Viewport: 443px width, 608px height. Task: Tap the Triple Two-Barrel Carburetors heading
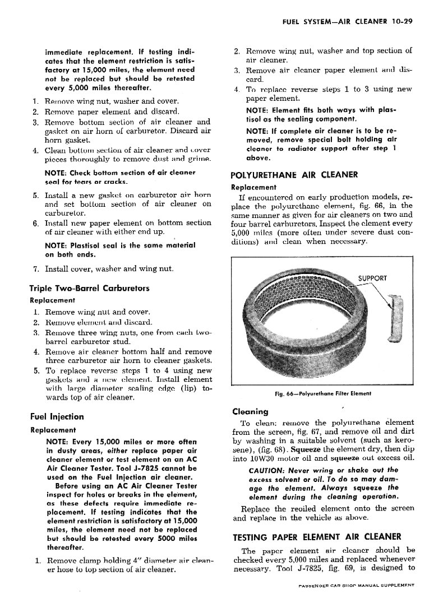click(89, 289)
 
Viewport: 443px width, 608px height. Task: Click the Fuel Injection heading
click(57, 417)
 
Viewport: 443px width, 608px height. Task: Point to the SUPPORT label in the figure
click(372, 279)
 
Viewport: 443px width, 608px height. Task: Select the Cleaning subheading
click(250, 411)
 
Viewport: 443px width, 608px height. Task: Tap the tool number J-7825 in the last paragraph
click(312, 568)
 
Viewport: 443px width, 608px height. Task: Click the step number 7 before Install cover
click(35, 269)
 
